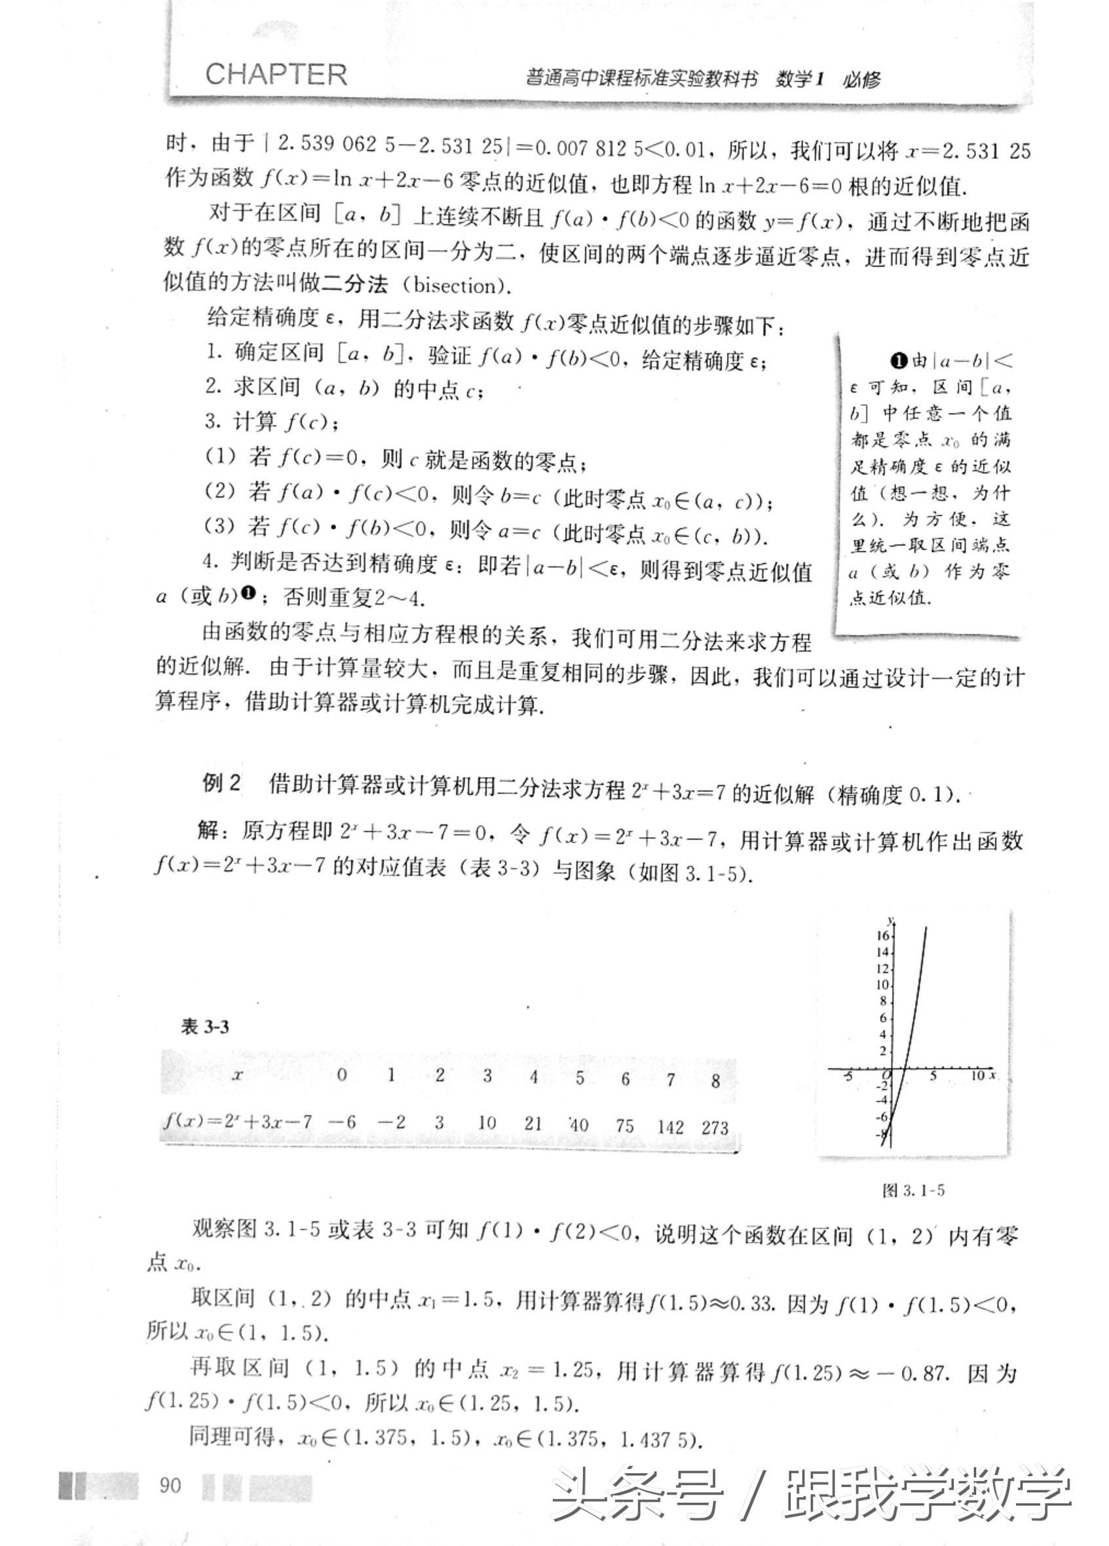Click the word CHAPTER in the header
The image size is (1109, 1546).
[276, 74]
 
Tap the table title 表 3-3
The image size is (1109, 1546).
[204, 1027]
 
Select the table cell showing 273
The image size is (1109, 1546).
[714, 1127]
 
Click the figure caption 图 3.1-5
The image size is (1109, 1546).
[913, 1190]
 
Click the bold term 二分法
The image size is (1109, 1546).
[355, 284]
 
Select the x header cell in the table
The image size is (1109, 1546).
[236, 1076]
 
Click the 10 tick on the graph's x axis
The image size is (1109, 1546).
[977, 1075]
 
